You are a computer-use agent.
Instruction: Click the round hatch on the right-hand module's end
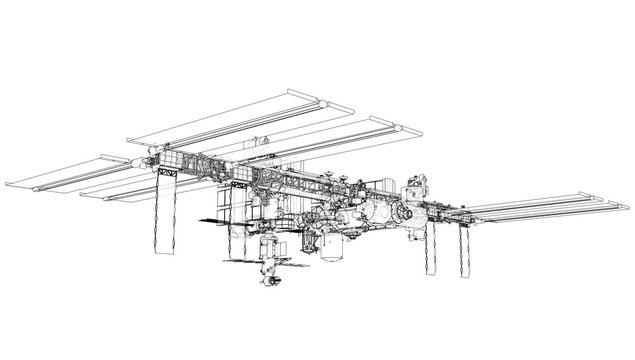click(x=405, y=212)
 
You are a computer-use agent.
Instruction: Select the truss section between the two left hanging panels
click(x=200, y=165)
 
